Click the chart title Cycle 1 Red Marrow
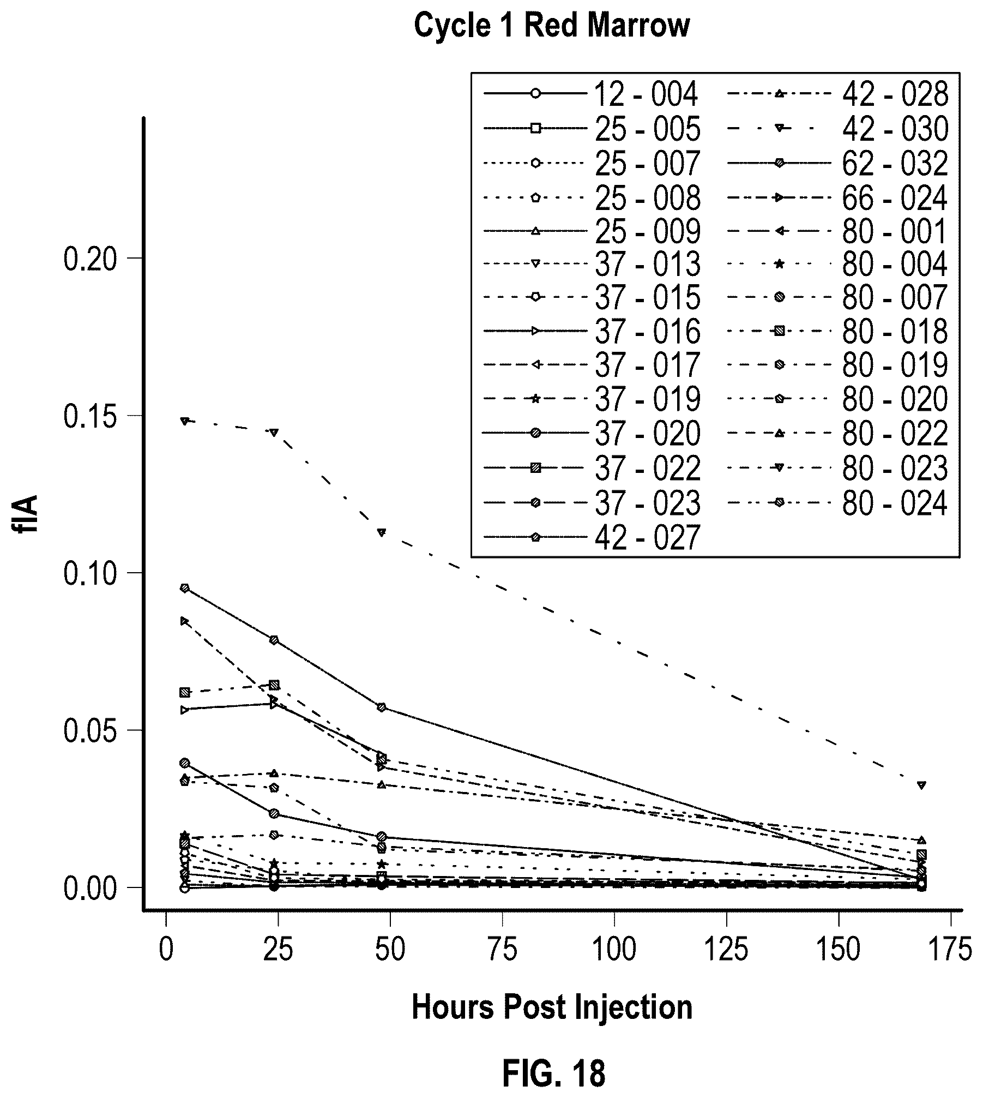point(551,26)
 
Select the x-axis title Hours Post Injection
point(552,1007)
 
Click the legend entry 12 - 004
point(591,94)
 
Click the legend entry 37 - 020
point(591,434)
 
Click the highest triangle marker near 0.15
point(185,421)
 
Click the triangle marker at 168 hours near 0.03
point(921,785)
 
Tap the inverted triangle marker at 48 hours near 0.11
point(382,532)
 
